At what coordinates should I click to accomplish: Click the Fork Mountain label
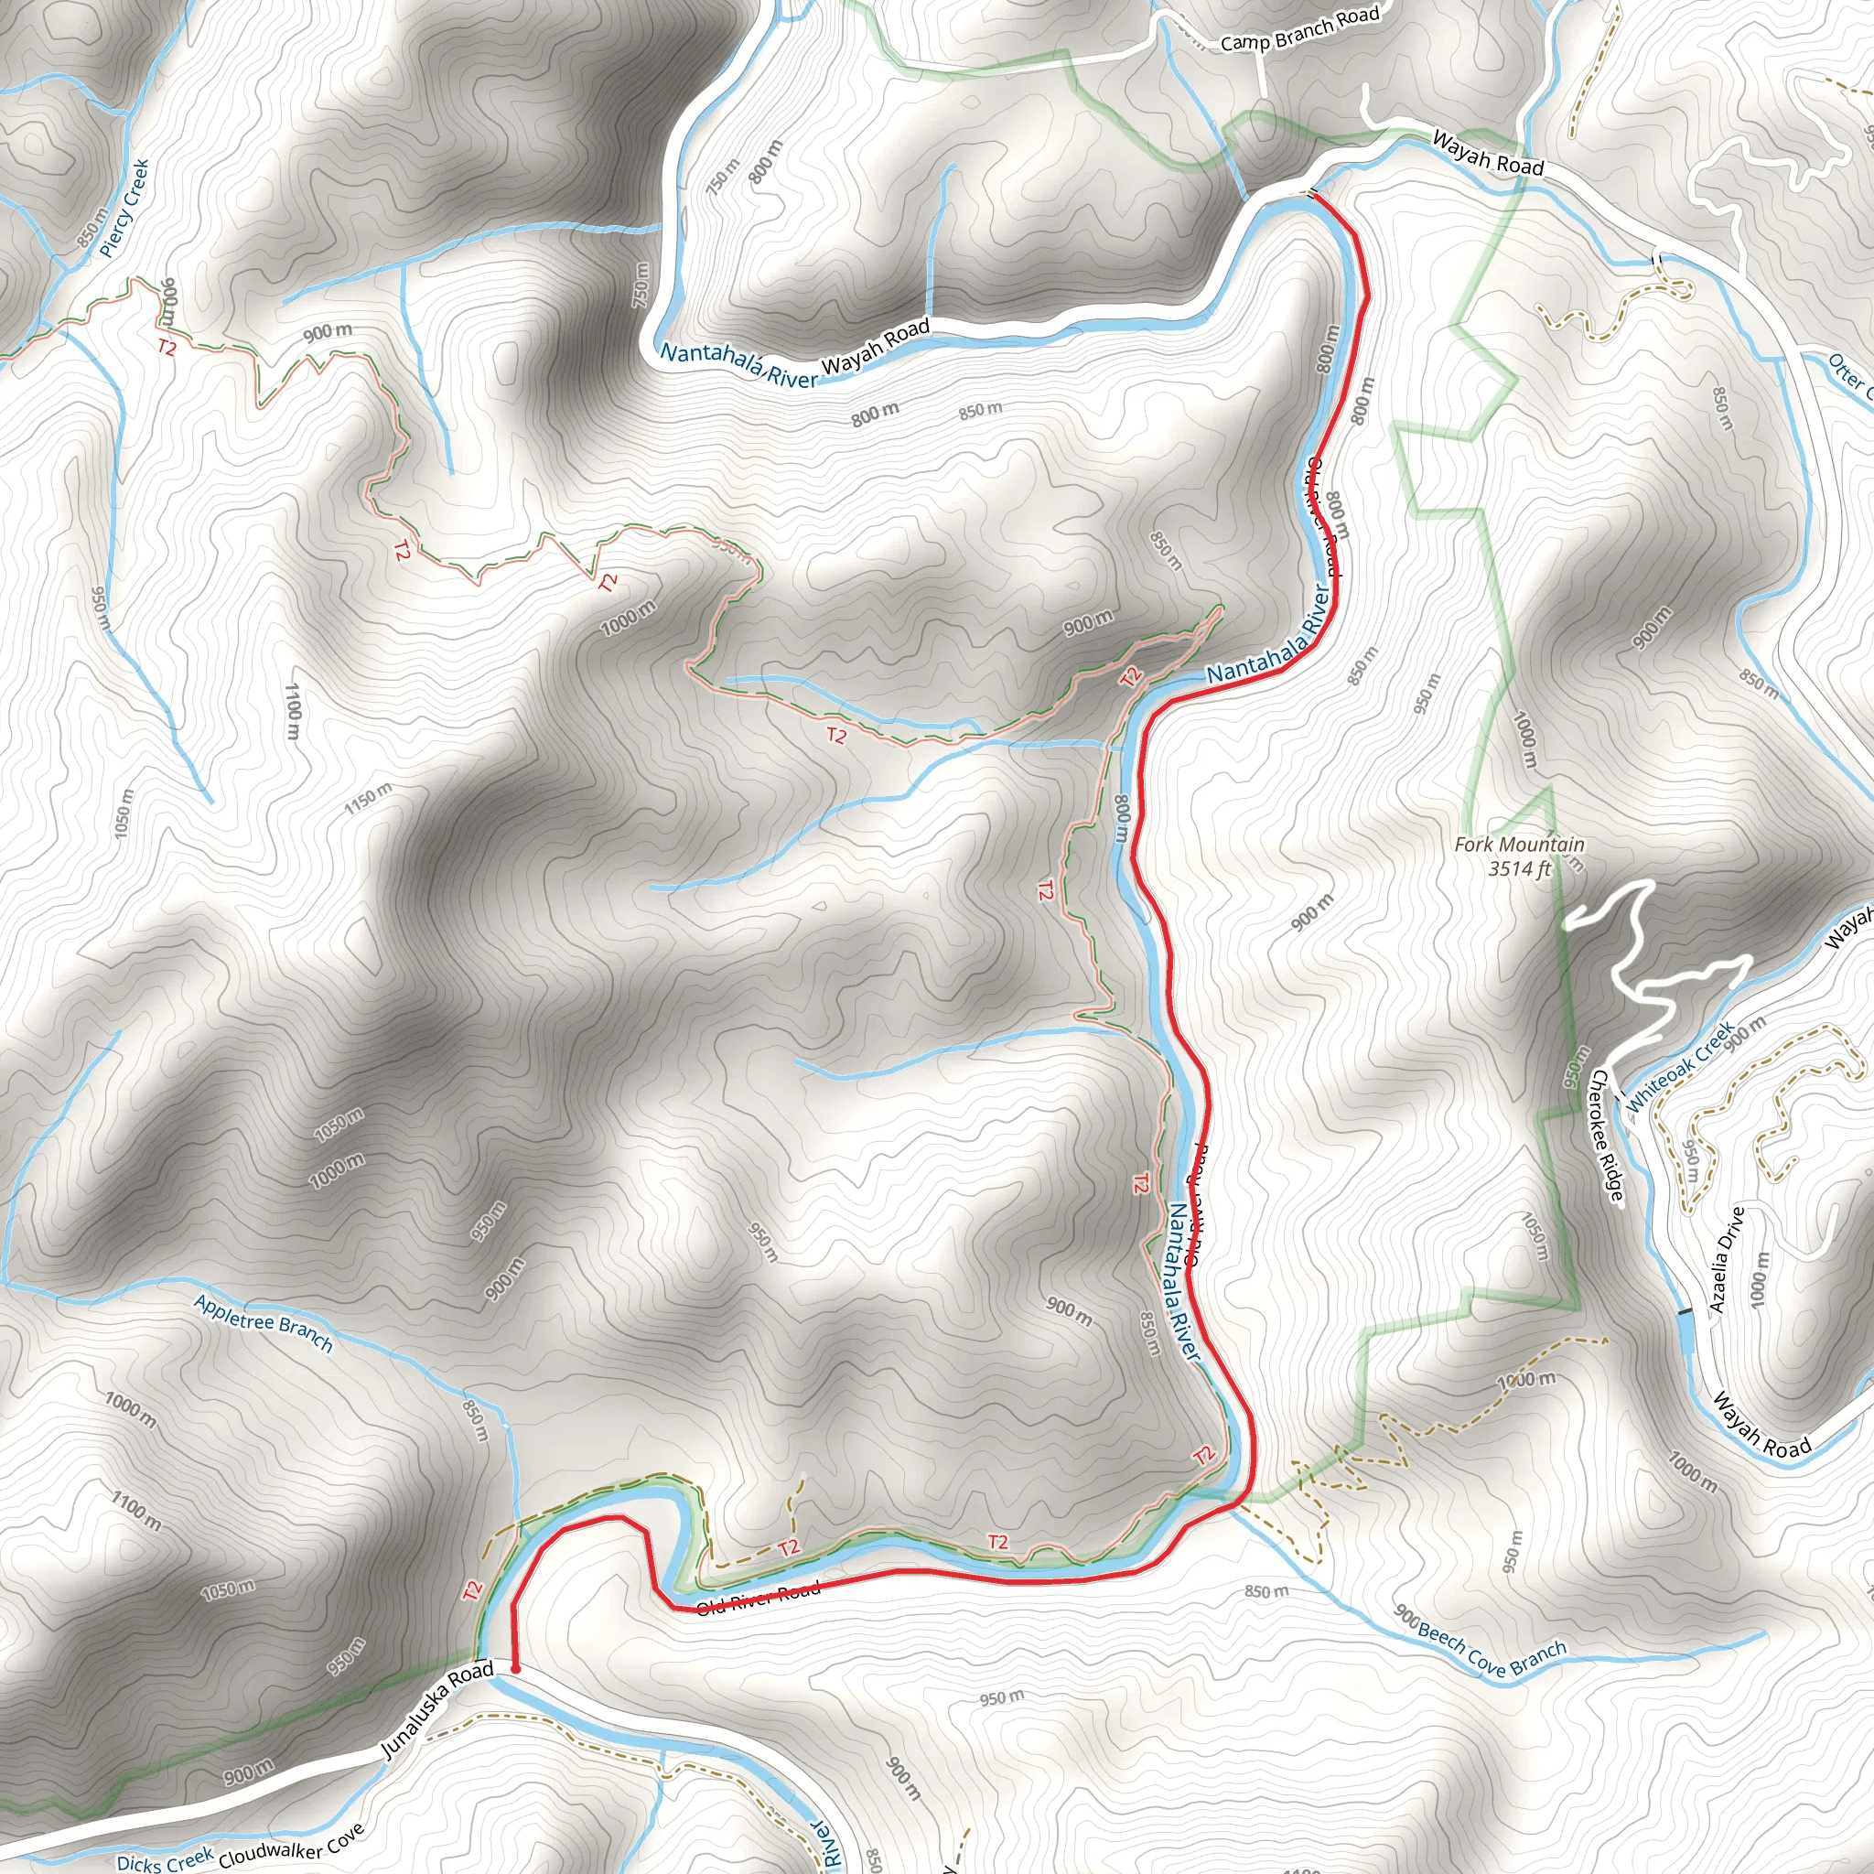pos(1519,845)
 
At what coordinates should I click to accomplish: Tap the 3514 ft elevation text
pos(1519,868)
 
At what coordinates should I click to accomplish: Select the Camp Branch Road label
pos(1298,30)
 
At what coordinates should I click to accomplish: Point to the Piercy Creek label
pos(124,208)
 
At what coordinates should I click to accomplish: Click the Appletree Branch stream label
pos(263,1323)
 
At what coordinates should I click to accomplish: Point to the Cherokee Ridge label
pos(1605,1135)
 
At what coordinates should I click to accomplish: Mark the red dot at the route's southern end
pos(515,1668)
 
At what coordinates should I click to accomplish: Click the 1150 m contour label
pos(369,797)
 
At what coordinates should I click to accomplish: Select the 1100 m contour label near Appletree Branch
pos(135,1510)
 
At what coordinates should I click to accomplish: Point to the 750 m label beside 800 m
pos(724,176)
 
